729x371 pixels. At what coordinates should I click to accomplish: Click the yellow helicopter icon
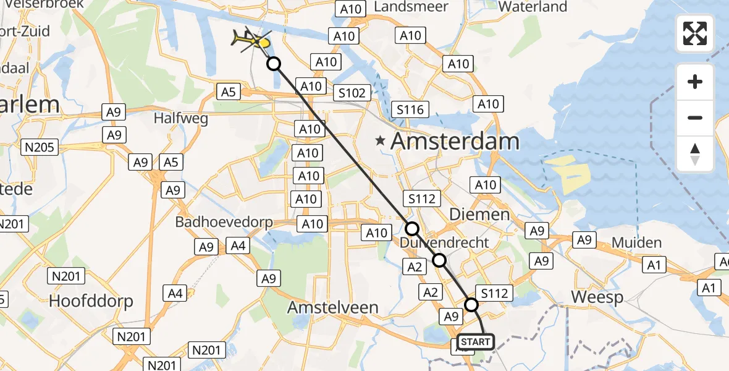(251, 41)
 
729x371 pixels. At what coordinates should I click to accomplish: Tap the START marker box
(476, 342)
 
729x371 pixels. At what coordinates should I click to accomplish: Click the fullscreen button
(695, 33)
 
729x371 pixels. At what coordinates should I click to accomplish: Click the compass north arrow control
(695, 154)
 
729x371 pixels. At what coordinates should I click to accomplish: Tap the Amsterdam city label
(455, 142)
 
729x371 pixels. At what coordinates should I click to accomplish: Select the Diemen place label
(479, 215)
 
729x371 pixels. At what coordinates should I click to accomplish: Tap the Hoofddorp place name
(91, 302)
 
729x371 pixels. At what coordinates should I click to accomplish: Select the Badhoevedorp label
(224, 221)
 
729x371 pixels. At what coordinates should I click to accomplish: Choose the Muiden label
(636, 242)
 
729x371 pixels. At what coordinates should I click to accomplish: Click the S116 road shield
(410, 110)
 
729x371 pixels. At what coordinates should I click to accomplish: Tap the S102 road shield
(353, 93)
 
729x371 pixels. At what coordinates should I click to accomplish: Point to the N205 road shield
(40, 147)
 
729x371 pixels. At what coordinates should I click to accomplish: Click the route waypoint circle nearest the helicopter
(274, 64)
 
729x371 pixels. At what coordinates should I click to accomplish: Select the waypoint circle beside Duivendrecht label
(411, 228)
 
